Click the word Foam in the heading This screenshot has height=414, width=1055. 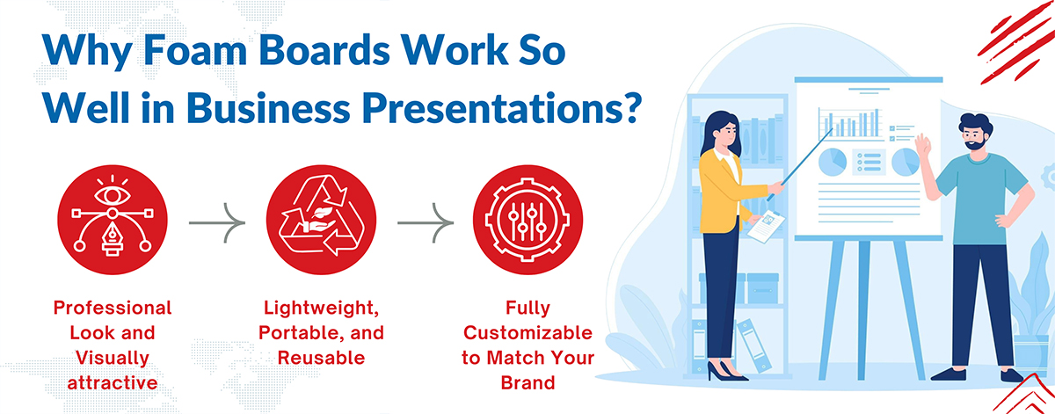(x=194, y=50)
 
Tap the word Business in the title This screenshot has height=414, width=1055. (x=268, y=108)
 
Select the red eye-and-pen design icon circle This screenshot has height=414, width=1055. (x=113, y=220)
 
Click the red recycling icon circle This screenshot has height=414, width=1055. (x=321, y=220)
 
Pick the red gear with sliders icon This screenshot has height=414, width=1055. (x=527, y=220)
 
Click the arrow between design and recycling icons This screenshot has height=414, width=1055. (x=217, y=222)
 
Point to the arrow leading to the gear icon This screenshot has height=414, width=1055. (x=426, y=222)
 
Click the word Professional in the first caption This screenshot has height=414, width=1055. (x=113, y=308)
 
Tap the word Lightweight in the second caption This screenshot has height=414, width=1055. (x=319, y=308)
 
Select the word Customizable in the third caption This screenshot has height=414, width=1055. (x=527, y=333)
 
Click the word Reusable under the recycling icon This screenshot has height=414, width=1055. (x=321, y=358)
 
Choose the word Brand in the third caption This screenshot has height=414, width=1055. (x=527, y=383)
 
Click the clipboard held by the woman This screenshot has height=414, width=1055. (x=767, y=227)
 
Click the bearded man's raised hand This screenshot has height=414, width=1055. (x=922, y=146)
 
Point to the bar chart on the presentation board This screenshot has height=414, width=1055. (x=850, y=123)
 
